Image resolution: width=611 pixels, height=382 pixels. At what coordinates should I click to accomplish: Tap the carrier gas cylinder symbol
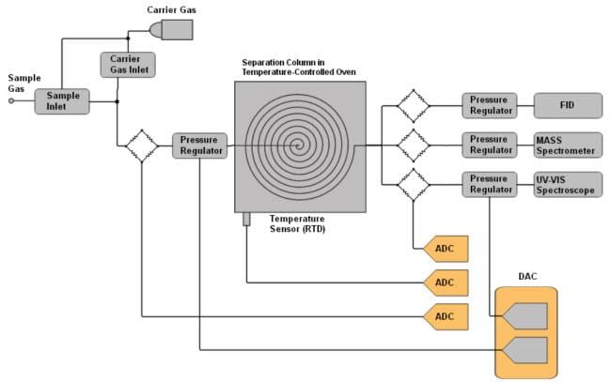pos(171,29)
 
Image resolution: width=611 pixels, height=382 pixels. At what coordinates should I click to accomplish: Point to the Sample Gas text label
pos(23,84)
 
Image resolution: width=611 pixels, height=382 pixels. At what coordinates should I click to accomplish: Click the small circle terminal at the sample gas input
pos(12,102)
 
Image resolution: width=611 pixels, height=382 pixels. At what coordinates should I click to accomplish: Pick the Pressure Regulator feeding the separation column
pos(199,145)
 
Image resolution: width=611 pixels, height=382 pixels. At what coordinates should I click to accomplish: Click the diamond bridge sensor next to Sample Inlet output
pos(141,145)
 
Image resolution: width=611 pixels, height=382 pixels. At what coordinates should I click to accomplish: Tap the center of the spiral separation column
pos(299,145)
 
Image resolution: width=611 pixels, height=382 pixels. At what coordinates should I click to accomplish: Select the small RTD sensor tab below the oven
pos(247,219)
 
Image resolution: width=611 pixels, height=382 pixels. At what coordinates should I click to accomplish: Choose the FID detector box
pos(568,105)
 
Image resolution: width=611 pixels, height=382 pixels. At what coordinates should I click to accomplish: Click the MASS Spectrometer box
pos(568,145)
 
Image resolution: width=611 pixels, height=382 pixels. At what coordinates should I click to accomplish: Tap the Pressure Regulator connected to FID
pos(489,105)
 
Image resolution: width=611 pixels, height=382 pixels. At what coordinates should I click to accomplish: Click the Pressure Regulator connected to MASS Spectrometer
pos(489,145)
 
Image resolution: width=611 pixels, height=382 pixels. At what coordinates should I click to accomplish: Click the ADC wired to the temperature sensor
pos(445,282)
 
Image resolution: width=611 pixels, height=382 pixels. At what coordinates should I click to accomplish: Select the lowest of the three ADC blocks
pos(445,316)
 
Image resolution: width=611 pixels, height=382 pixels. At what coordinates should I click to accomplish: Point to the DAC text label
pos(527,277)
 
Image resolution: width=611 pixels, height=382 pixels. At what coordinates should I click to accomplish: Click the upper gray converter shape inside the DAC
pos(527,317)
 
